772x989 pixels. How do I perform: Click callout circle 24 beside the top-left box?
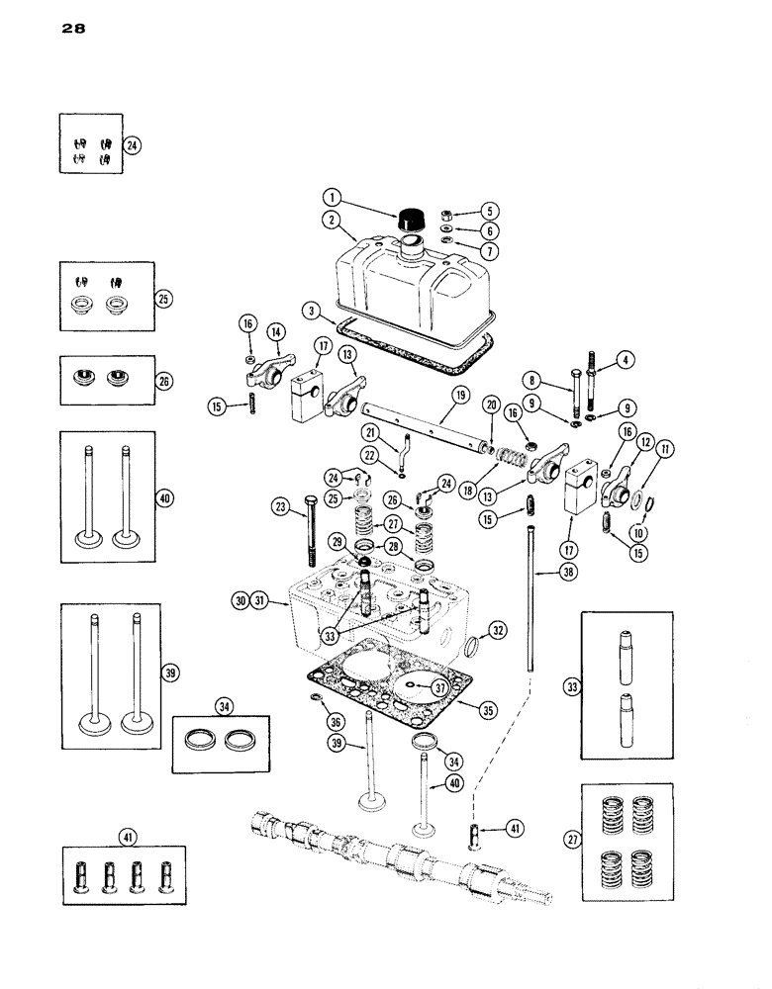133,144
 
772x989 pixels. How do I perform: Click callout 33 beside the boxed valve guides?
567,685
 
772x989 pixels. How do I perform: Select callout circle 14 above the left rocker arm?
274,332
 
